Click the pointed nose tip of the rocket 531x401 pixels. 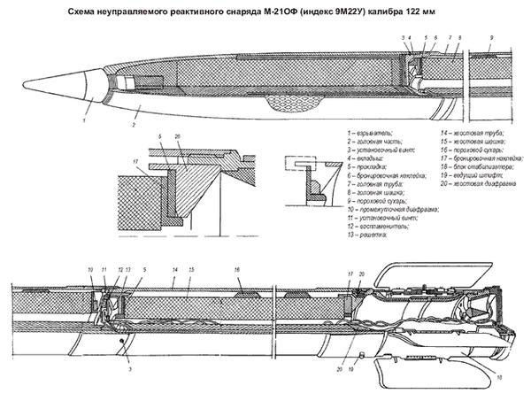(x=24, y=83)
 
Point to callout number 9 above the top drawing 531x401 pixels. (x=491, y=39)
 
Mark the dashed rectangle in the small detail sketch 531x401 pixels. (x=297, y=165)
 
